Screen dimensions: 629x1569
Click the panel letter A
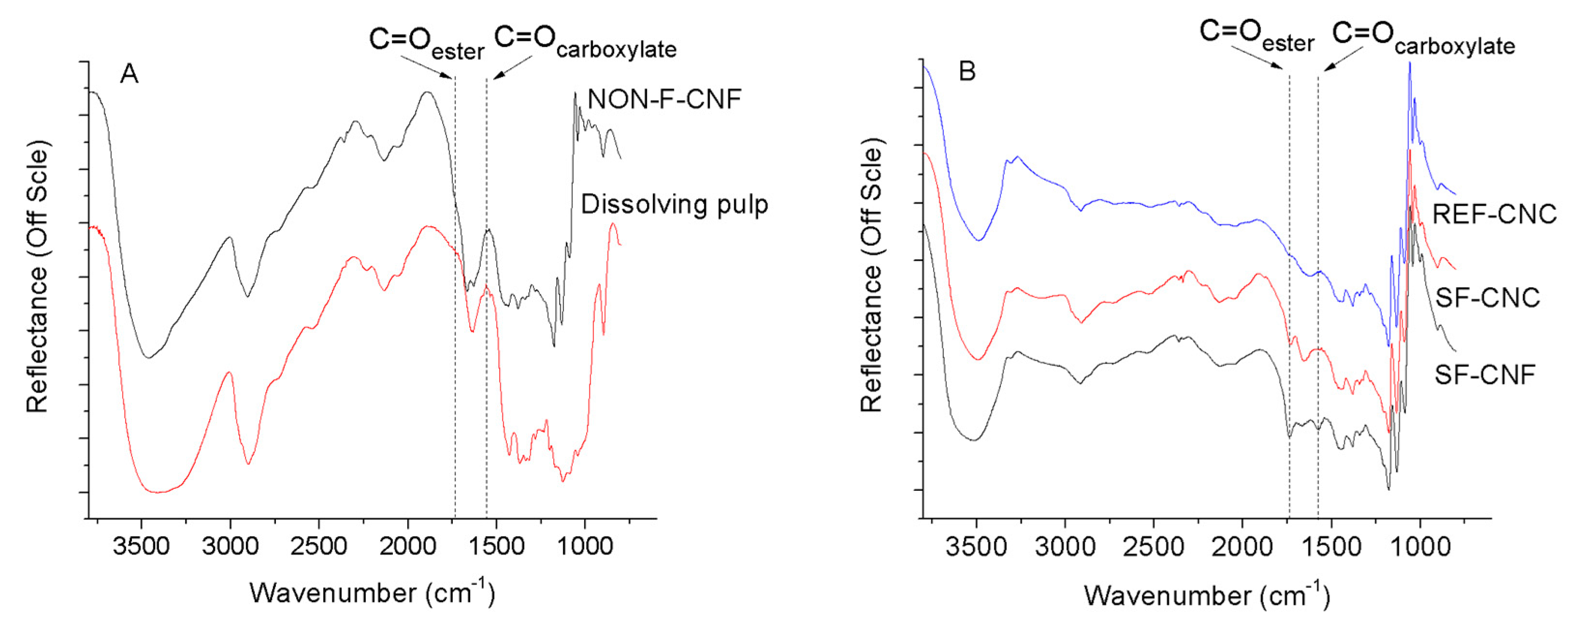click(129, 74)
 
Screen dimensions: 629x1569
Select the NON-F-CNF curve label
click(664, 99)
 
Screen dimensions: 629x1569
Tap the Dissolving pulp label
click(674, 205)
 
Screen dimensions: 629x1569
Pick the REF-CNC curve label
click(1494, 215)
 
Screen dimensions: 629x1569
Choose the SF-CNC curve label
click(1487, 298)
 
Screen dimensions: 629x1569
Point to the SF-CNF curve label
click(1484, 375)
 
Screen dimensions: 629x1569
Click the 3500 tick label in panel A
click(141, 545)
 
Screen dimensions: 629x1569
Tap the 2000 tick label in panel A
click(407, 545)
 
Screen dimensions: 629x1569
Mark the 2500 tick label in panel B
click(1153, 547)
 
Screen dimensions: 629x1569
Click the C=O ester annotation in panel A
click(426, 43)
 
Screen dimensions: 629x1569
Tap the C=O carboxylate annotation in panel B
click(1423, 38)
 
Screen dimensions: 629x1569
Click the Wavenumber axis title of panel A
click(372, 592)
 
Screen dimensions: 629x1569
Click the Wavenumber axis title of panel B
click(1207, 595)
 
